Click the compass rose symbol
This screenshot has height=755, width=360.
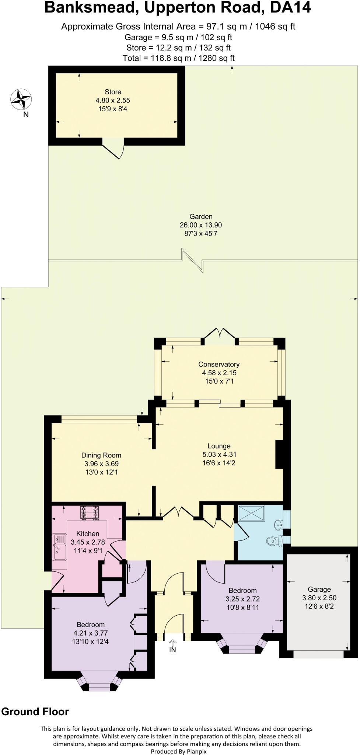tap(21, 99)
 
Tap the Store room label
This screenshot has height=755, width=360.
tap(113, 92)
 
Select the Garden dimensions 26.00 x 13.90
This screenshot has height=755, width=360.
tap(201, 225)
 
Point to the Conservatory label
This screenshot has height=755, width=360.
tap(219, 364)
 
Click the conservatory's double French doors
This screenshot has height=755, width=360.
tap(220, 334)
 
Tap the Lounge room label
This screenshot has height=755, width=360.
tap(219, 446)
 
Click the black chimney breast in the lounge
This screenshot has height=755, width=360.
tap(279, 454)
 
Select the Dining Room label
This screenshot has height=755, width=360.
tap(101, 455)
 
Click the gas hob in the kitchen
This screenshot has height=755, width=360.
tap(90, 513)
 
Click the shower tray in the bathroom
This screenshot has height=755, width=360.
tap(252, 513)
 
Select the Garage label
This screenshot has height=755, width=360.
tap(319, 589)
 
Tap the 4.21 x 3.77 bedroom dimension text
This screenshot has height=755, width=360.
tap(91, 633)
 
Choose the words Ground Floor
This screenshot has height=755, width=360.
tap(35, 711)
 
